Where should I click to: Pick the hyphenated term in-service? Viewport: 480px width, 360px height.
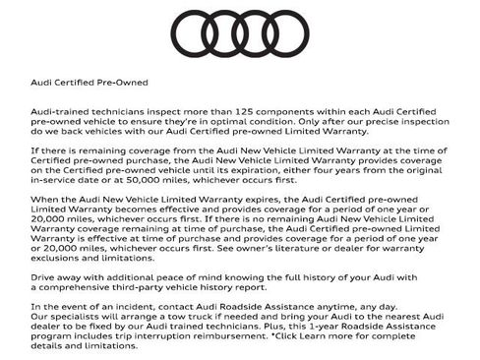click(58, 180)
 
